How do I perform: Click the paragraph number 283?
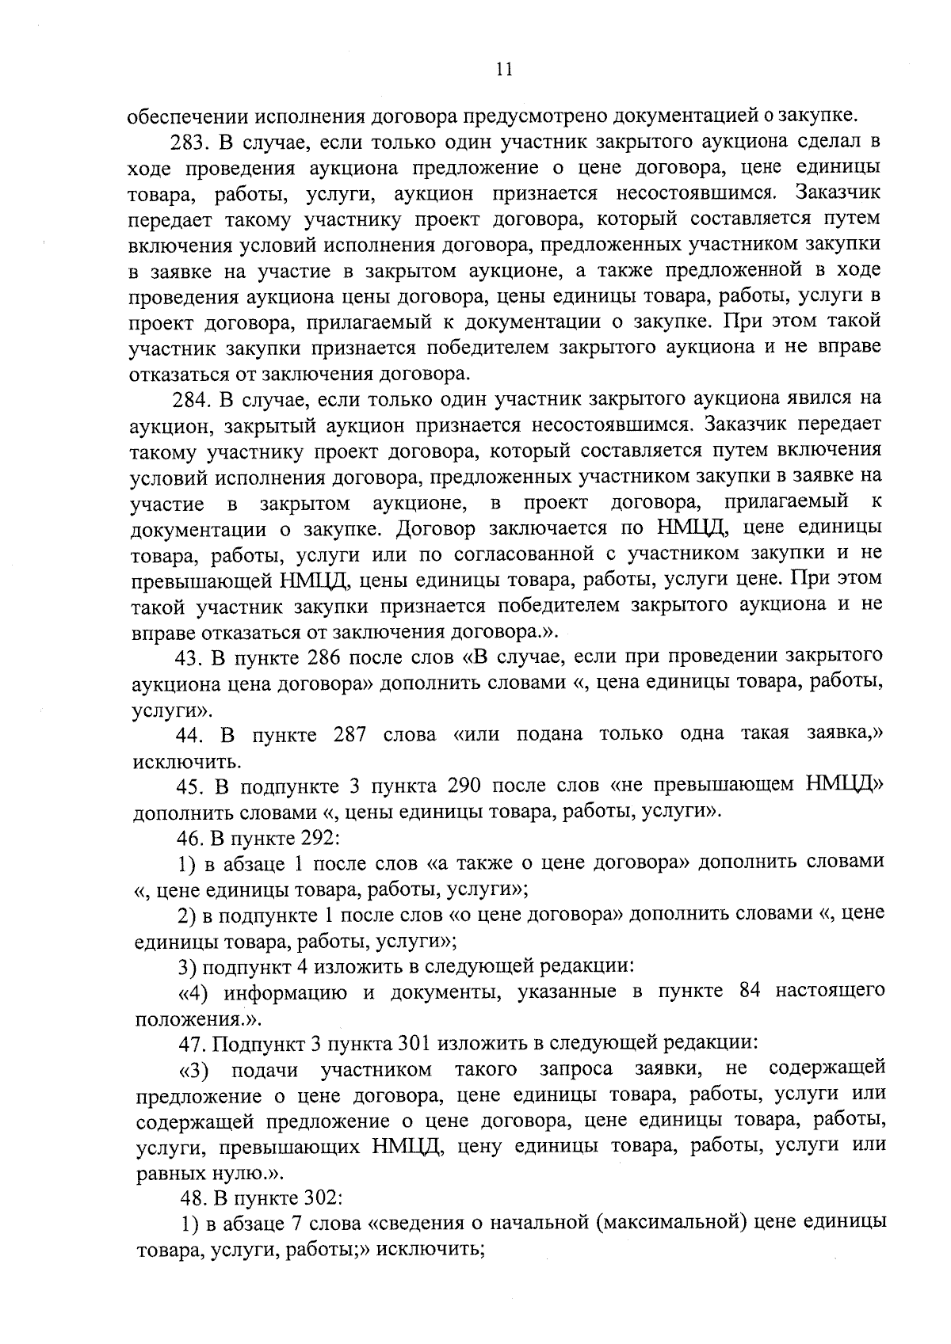coord(189,143)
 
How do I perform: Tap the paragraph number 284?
coord(189,399)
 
